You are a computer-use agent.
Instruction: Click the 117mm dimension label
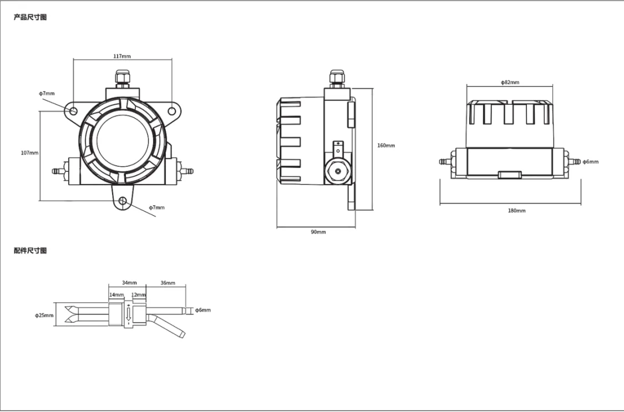coord(122,56)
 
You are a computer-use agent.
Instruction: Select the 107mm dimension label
coord(29,152)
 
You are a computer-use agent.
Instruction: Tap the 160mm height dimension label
coord(386,145)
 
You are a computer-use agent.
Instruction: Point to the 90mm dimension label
coord(318,232)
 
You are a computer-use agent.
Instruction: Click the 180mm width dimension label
coord(516,210)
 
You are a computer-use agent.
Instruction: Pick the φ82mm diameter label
coord(510,82)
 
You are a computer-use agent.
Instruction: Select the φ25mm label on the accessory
coord(44,316)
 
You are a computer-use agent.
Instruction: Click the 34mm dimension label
coord(129,283)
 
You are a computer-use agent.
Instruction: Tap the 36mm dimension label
coord(168,283)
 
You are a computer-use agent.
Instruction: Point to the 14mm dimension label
coord(116,294)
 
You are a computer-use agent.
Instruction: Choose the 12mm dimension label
coord(139,294)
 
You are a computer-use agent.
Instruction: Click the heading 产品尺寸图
coord(31,17)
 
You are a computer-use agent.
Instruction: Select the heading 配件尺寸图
coord(31,250)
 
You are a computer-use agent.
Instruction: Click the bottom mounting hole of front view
coord(123,201)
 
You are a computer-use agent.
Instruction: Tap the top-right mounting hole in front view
coord(171,111)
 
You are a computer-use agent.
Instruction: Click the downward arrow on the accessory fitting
coord(128,315)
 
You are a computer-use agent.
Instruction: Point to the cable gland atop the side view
coord(337,79)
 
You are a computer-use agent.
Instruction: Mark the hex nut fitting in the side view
coord(338,171)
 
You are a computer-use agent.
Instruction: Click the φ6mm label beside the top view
coord(590,162)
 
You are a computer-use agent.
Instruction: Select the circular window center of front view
coord(123,140)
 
